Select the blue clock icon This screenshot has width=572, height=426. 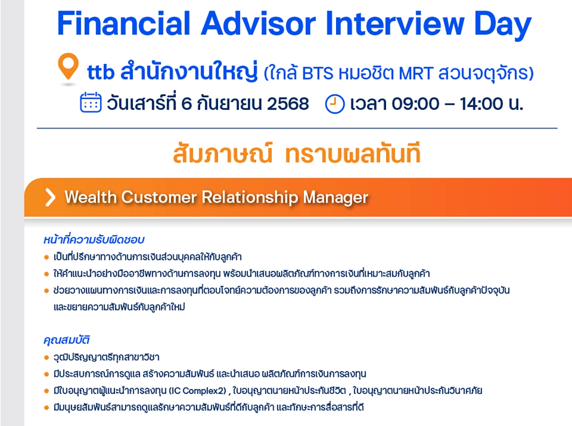pyautogui.click(x=335, y=104)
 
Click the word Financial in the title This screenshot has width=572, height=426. pyautogui.click(x=123, y=23)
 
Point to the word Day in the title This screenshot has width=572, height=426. pyautogui.click(x=503, y=26)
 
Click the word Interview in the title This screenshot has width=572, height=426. pyautogui.click(x=395, y=23)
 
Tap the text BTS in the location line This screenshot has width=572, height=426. pyautogui.click(x=318, y=73)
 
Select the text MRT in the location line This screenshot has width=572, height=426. pyautogui.click(x=416, y=73)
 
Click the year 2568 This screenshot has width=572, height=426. pyautogui.click(x=288, y=104)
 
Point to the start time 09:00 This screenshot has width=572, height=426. pyautogui.click(x=415, y=104)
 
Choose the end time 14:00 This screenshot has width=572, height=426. pyautogui.click(x=481, y=104)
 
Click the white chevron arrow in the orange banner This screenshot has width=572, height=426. pyautogui.click(x=50, y=197)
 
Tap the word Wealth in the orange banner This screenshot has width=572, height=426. pyautogui.click(x=91, y=197)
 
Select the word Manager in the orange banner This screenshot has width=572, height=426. pyautogui.click(x=335, y=198)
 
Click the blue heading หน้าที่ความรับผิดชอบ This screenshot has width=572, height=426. pyautogui.click(x=93, y=239)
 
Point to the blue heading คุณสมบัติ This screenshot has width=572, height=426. pyautogui.click(x=66, y=340)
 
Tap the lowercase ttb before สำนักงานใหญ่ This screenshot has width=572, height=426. pyautogui.click(x=101, y=72)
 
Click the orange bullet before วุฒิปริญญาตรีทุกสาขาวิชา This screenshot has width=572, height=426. pyautogui.click(x=46, y=358)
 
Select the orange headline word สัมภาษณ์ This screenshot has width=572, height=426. pyautogui.click(x=223, y=153)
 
